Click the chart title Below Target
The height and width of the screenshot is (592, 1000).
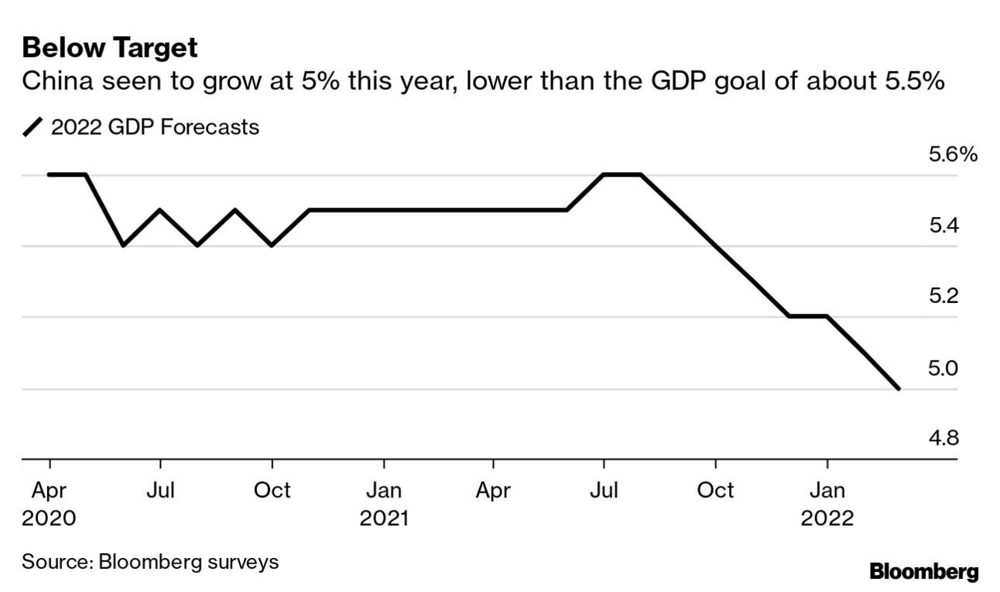point(110,48)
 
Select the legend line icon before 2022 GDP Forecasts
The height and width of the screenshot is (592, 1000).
point(33,127)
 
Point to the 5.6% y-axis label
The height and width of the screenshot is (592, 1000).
point(952,155)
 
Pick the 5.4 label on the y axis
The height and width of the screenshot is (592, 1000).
point(942,226)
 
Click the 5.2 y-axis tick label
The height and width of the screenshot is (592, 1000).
point(942,297)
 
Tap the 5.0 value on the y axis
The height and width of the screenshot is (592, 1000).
point(942,368)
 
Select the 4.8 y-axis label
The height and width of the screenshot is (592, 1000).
point(942,439)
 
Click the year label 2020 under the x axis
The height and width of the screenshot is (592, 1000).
point(49,518)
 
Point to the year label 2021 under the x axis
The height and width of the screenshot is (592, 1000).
point(383,518)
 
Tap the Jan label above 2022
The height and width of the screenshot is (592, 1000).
point(827,490)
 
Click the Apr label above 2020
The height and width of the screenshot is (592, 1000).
point(49,490)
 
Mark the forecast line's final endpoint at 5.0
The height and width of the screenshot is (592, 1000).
point(898,388)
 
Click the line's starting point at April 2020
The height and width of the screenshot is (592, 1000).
point(50,174)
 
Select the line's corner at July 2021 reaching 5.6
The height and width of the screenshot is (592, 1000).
point(604,174)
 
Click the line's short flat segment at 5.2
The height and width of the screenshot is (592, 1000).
point(808,316)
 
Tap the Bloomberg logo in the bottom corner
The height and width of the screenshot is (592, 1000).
point(923,573)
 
